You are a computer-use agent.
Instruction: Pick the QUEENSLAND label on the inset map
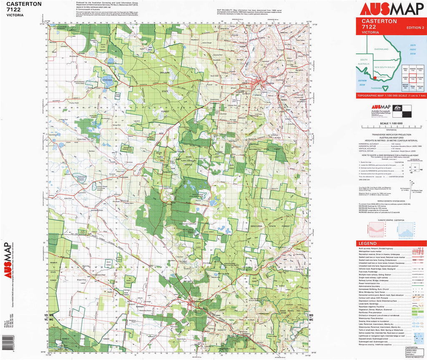[x=382, y=49]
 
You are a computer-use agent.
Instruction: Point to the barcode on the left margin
[x=5, y=342]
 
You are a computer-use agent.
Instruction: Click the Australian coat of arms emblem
[x=397, y=109]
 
